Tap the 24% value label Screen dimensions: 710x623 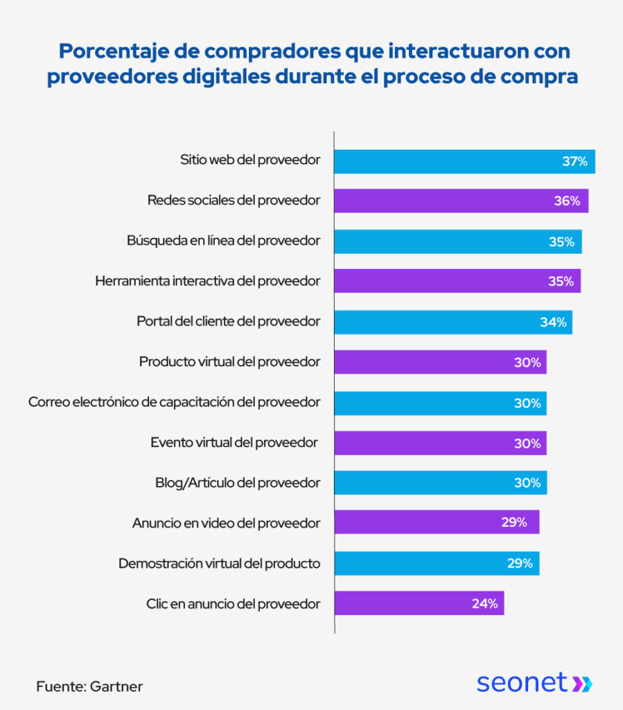pos(485,603)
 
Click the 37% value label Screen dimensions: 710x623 pos(574,162)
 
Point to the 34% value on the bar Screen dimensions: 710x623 pos(553,322)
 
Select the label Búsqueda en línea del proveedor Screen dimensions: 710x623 pos(223,241)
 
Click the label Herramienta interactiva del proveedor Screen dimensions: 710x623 pos(207,281)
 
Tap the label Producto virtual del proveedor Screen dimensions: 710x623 pos(229,362)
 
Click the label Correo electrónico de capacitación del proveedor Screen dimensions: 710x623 pos(174,402)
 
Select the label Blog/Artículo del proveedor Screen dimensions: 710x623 pos(238,483)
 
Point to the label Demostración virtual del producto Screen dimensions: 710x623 pos(219,563)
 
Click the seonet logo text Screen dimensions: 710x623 pos(522,682)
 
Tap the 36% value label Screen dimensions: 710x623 pos(567,201)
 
